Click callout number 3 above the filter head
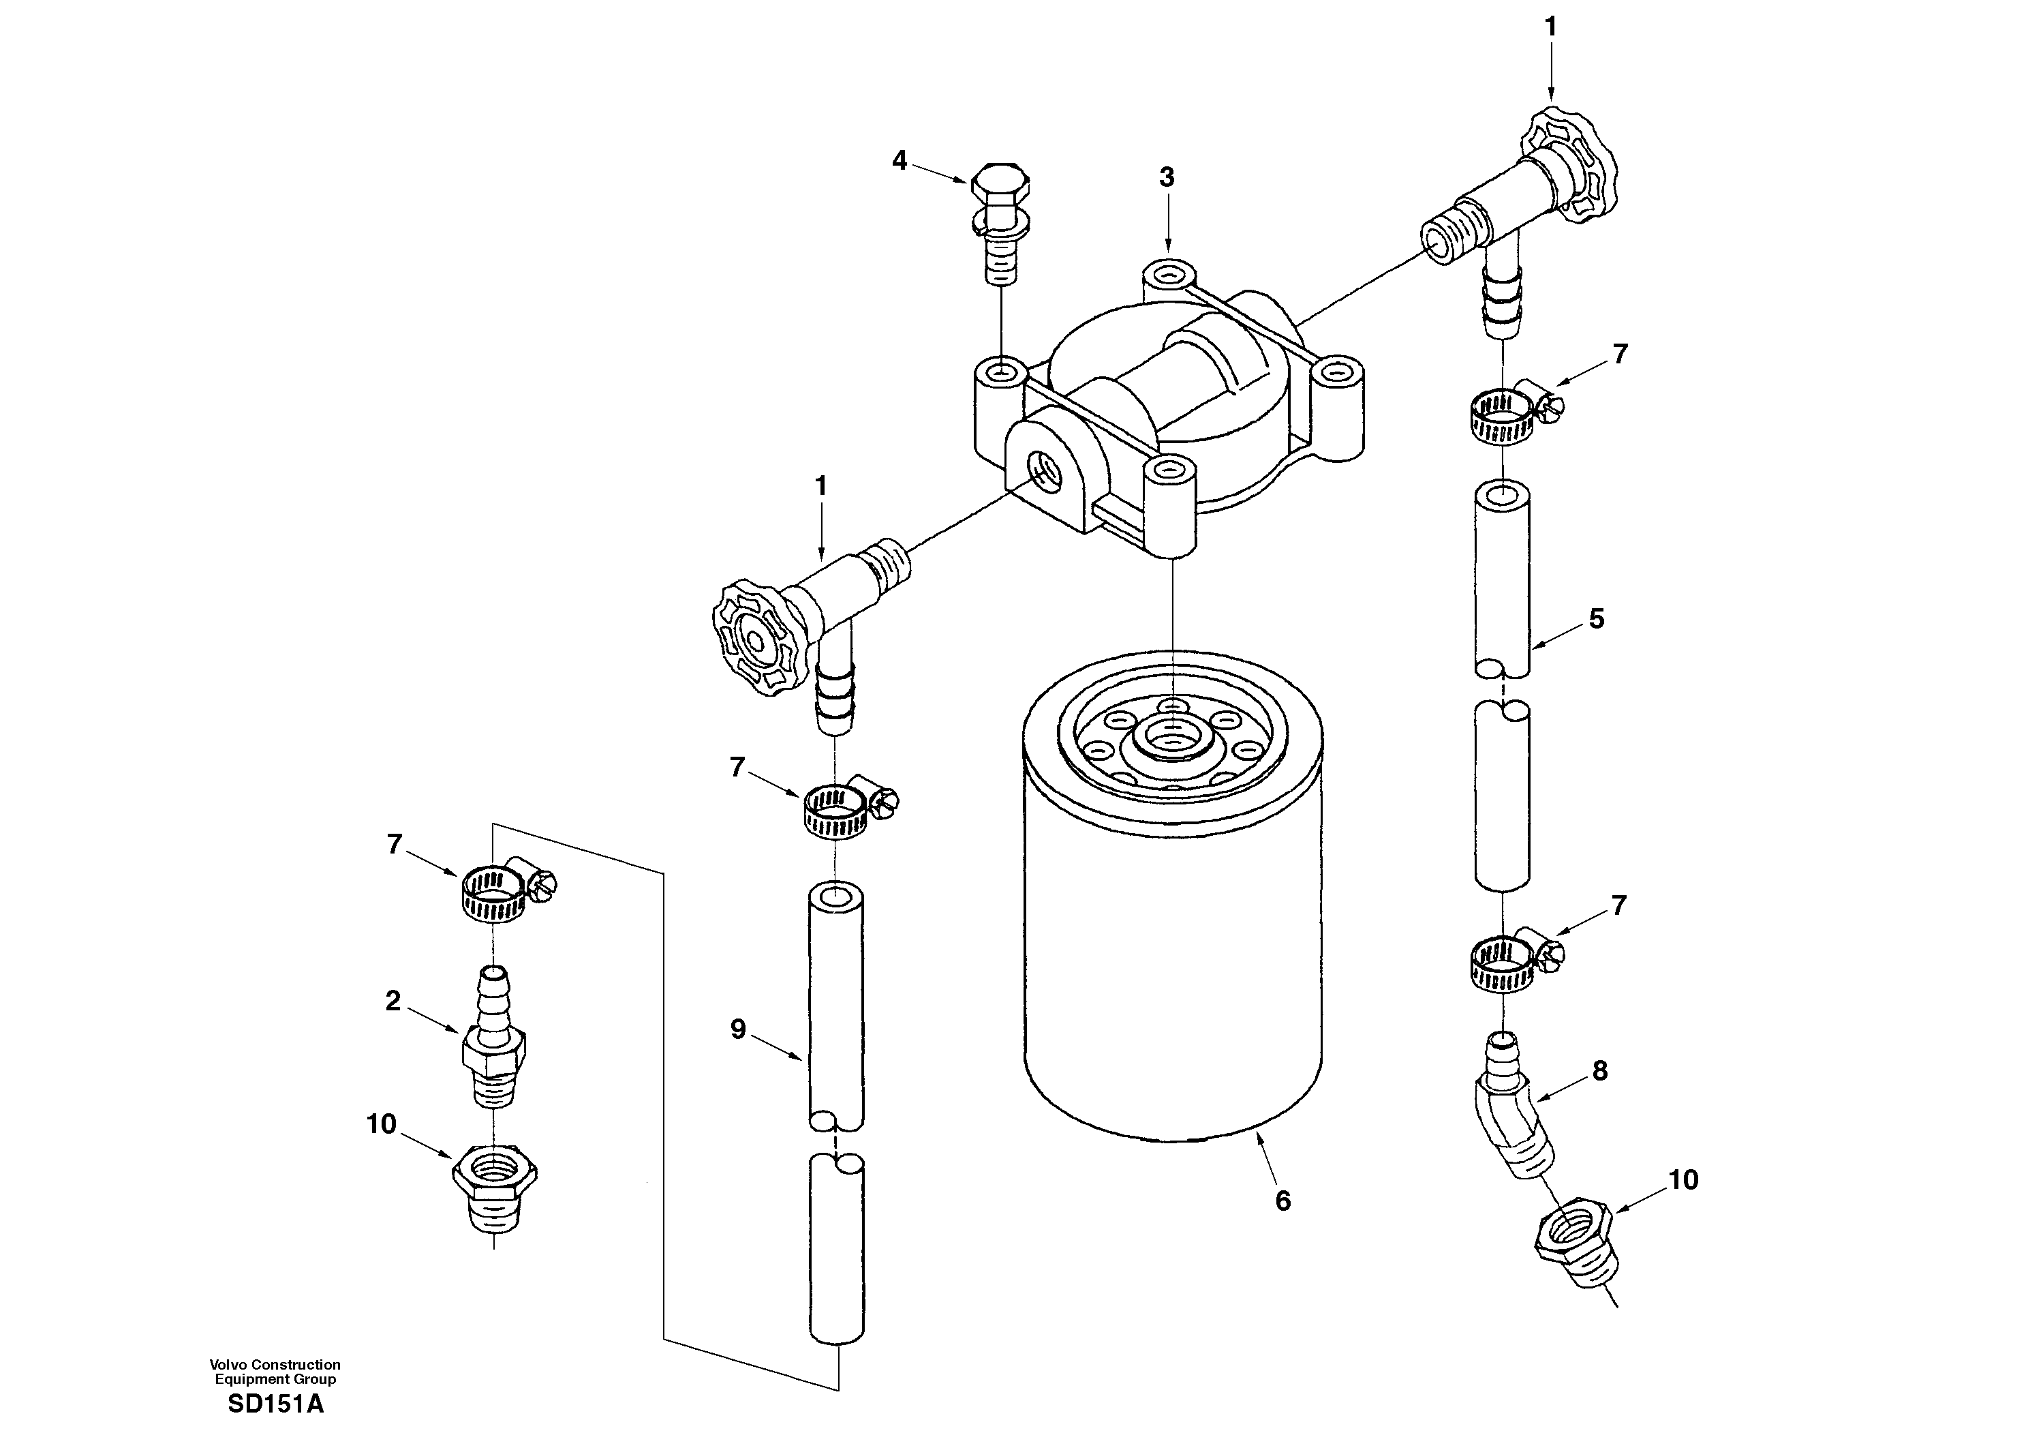click(x=1167, y=177)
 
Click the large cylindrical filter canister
click(x=1173, y=937)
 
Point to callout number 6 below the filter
click(x=1282, y=1201)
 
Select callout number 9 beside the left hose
click(x=739, y=1029)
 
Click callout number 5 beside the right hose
click(x=1596, y=619)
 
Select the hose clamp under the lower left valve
click(x=841, y=807)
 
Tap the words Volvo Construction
click(x=275, y=1365)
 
